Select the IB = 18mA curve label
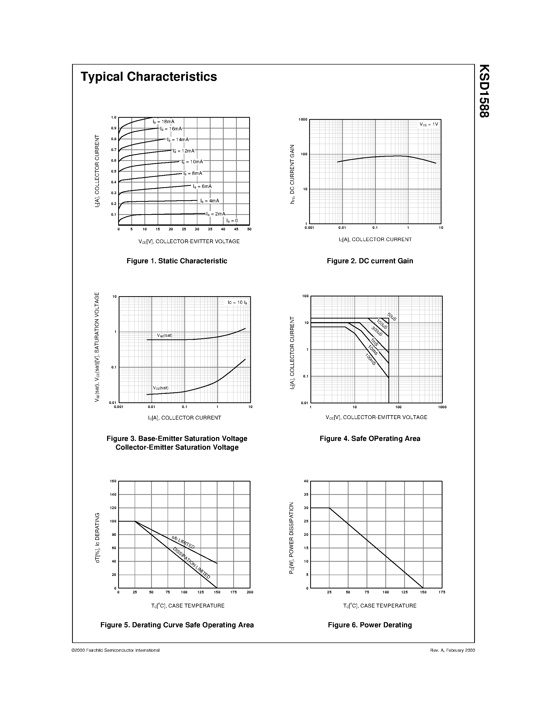click(x=164, y=122)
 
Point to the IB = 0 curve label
click(x=232, y=221)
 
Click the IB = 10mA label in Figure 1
click(x=192, y=161)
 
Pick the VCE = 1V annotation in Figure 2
click(x=429, y=124)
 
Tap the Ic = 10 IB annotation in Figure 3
click(x=237, y=302)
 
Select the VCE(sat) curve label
click(x=161, y=388)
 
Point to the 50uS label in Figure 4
click(x=392, y=316)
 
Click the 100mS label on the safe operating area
click(x=370, y=359)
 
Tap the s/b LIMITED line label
click(x=183, y=542)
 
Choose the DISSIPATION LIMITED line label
click(x=192, y=563)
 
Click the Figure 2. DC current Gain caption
click(x=370, y=261)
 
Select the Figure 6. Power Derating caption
click(x=370, y=625)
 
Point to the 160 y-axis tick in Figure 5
click(x=113, y=481)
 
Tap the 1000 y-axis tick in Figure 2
click(x=303, y=120)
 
